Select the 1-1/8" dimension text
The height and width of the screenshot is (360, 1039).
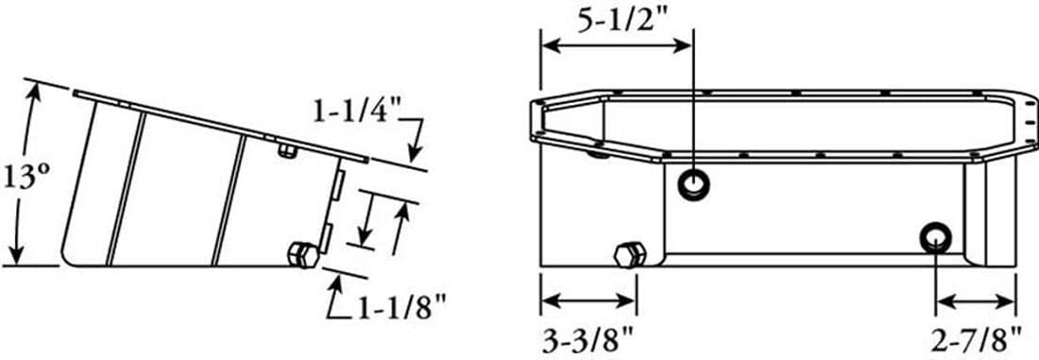400,308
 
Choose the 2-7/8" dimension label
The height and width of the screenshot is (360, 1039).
977,341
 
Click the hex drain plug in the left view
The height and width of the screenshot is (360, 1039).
303,254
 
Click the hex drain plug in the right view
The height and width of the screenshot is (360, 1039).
629,255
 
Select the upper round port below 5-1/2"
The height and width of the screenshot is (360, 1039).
694,183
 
